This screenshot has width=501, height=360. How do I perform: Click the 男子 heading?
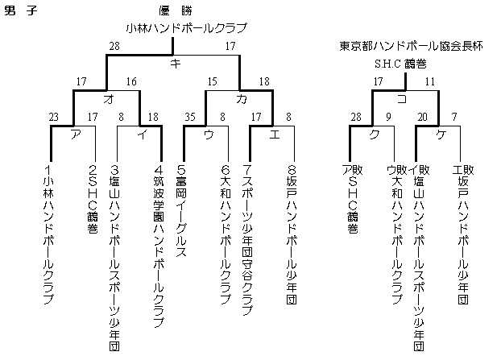click(21, 10)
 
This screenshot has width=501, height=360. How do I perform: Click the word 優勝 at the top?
click(176, 10)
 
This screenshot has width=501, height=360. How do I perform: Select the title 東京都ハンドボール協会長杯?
click(411, 46)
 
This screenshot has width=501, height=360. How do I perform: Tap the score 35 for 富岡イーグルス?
click(190, 117)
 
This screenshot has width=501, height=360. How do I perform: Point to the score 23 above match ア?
click(53, 117)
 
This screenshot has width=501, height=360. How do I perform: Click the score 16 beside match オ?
click(131, 81)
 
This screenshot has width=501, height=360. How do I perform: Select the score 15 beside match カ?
click(212, 81)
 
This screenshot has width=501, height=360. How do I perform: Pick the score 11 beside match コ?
click(430, 81)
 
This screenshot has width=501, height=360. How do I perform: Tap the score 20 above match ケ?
click(422, 117)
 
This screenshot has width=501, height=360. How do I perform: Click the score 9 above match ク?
click(388, 117)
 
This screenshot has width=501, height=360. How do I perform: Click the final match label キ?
click(176, 64)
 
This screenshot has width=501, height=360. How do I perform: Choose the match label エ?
click(275, 134)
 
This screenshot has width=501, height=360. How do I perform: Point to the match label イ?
click(143, 134)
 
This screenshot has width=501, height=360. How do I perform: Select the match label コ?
click(402, 99)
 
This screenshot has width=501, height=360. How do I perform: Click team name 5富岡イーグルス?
click(181, 211)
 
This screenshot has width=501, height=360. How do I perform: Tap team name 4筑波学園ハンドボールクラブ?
click(159, 246)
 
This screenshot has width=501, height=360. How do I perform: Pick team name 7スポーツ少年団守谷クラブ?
click(247, 240)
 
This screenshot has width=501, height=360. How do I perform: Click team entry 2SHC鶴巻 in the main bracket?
click(93, 199)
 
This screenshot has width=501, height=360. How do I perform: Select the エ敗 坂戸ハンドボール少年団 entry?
click(463, 234)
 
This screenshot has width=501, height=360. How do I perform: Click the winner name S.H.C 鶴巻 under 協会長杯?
click(400, 64)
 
